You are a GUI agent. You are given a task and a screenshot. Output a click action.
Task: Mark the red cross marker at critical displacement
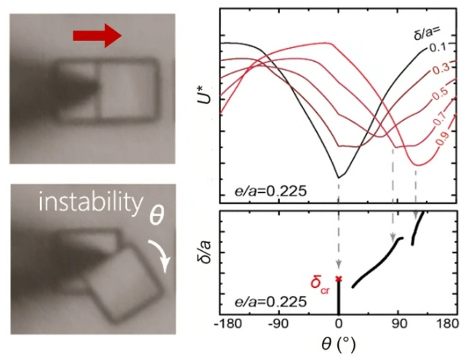coord(339,279)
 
